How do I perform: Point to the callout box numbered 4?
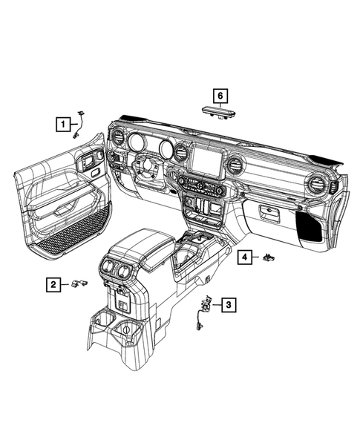point(243,257)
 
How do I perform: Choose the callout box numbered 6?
point(219,95)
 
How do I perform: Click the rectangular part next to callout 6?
point(218,110)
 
